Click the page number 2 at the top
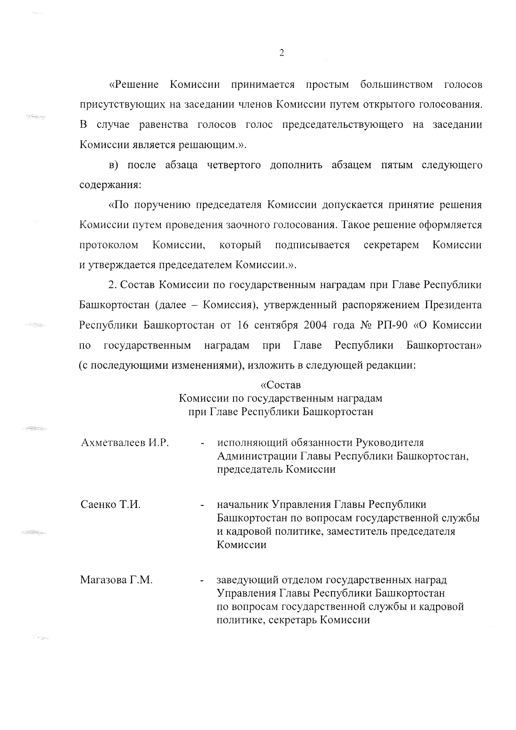pos(281,53)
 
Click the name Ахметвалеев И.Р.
pos(124,443)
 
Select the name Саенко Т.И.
pos(111,505)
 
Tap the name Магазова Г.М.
pos(116,580)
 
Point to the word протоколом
pos(109,245)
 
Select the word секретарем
pos(391,245)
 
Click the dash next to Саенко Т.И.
pos(201,505)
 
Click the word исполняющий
pos(250,443)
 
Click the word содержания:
pos(111,185)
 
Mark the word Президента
pos(453,305)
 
